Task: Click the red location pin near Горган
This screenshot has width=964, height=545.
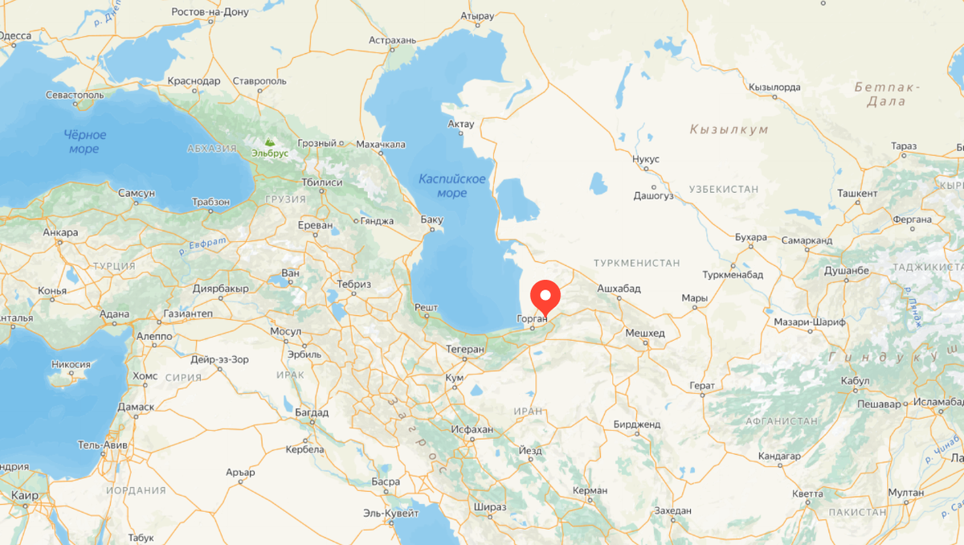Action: point(547,297)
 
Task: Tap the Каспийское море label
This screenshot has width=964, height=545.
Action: point(451,186)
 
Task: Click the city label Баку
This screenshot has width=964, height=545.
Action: point(431,219)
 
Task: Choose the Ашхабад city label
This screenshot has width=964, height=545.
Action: point(618,289)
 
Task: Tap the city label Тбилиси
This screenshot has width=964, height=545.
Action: point(321,182)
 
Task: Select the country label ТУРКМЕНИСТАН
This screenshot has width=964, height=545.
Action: point(636,263)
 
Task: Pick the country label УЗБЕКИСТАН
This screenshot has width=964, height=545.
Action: point(723,189)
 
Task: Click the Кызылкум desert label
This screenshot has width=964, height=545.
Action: point(729,129)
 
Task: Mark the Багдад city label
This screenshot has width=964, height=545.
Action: point(312,412)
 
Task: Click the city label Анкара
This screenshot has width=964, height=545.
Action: point(60,233)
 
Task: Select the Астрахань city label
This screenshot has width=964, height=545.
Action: point(392,39)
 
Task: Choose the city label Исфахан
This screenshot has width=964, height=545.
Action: point(471,429)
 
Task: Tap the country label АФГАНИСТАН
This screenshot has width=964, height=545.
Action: point(782,420)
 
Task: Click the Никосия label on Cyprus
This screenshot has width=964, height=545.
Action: point(71,364)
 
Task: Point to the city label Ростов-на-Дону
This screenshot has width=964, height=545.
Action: point(210,12)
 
